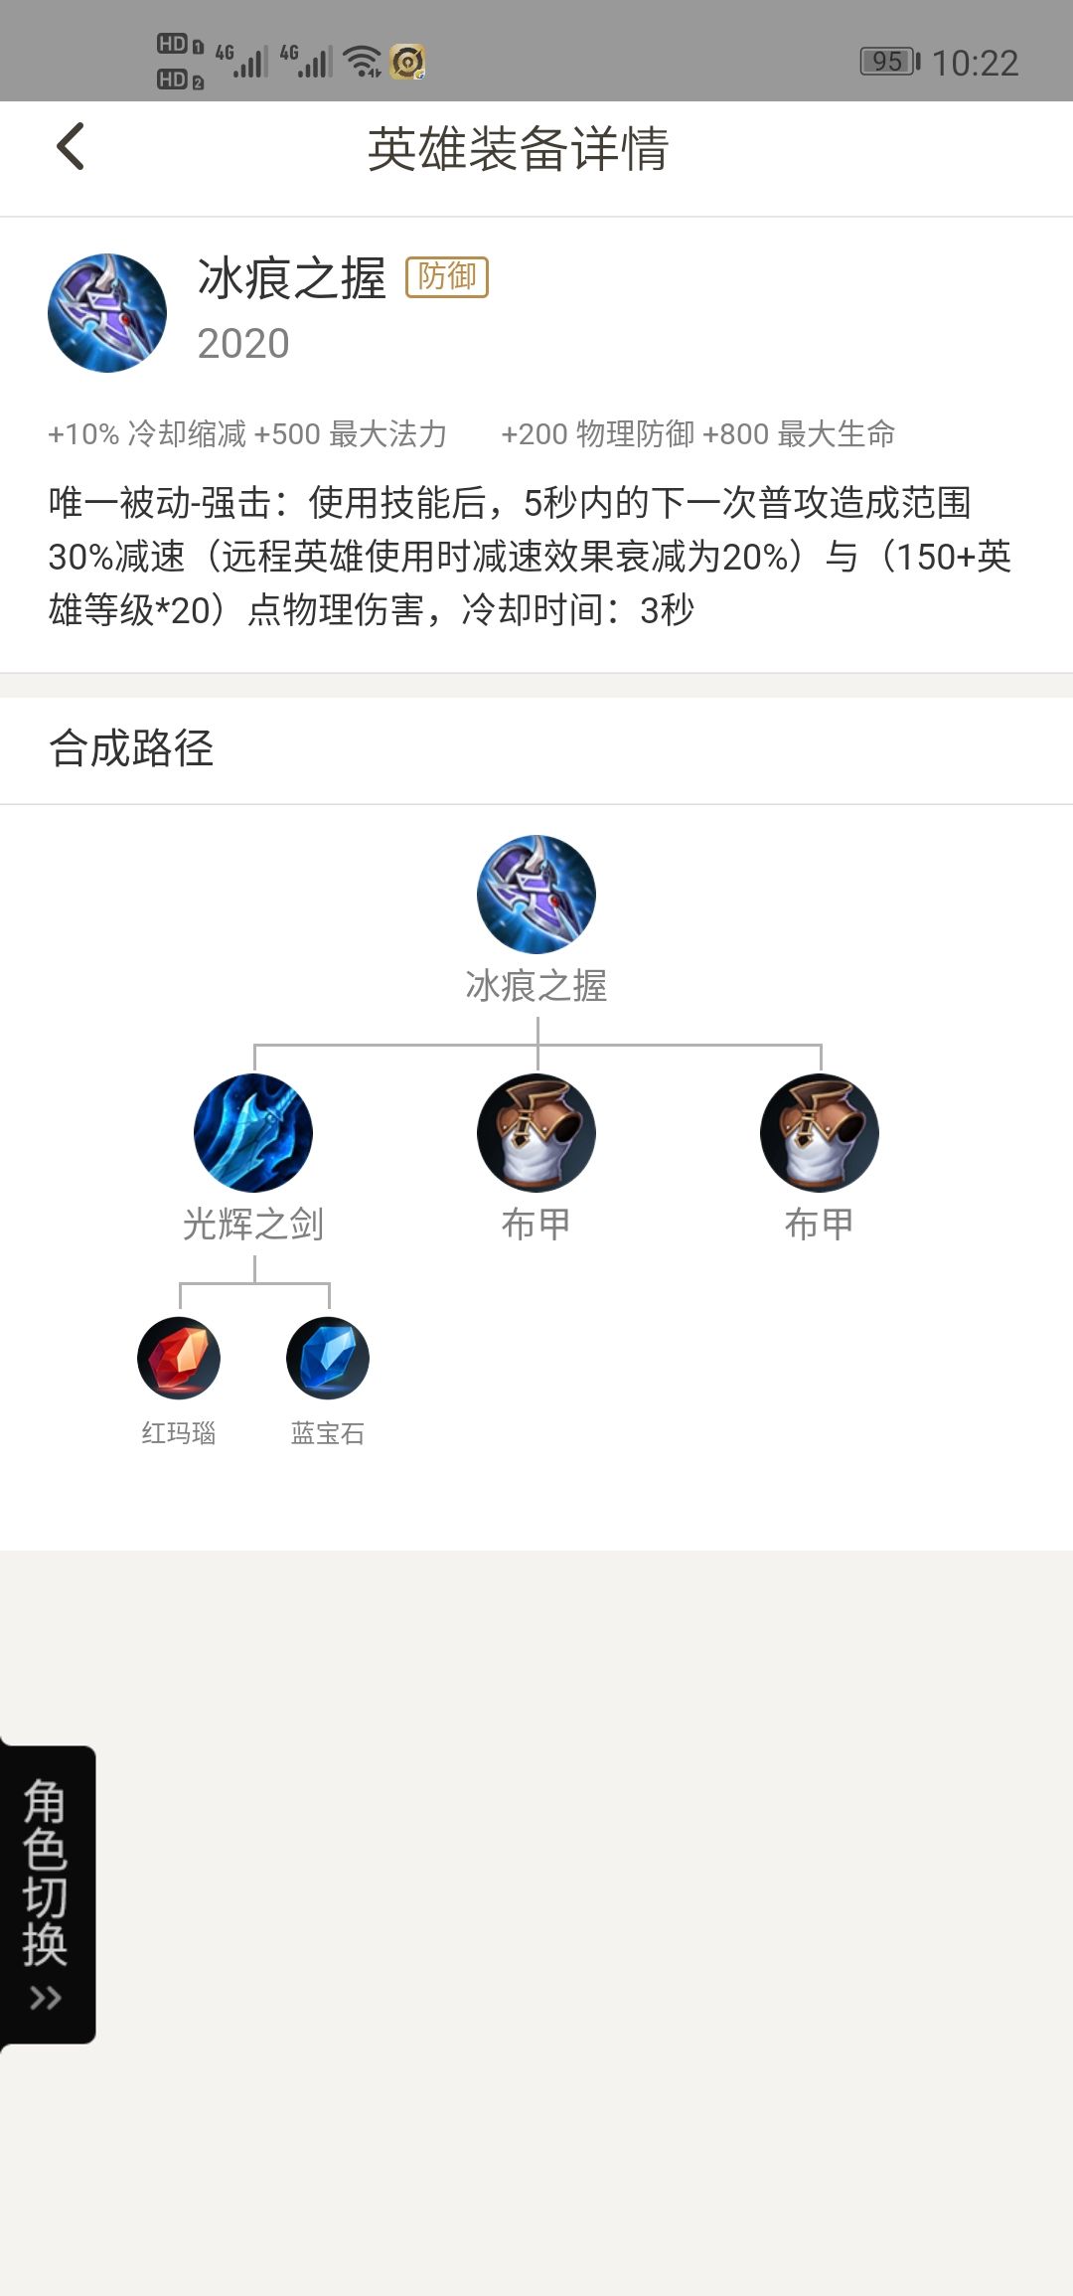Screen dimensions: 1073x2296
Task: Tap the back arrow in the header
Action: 71,147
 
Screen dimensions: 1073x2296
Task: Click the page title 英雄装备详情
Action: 518,149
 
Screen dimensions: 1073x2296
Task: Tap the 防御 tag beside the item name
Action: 447,276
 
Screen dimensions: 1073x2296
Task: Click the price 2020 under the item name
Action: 243,344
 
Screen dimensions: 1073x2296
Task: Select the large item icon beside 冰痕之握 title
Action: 107,313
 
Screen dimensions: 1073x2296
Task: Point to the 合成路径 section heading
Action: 131,748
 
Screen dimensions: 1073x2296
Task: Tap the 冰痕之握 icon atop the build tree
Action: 536,895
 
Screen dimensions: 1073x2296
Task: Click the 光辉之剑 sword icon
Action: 253,1133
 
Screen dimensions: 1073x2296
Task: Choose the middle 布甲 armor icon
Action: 536,1133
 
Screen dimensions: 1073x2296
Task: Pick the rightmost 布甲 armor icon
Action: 820,1133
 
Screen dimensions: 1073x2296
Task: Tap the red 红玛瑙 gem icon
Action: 179,1358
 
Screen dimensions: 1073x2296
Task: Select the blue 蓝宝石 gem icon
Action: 328,1358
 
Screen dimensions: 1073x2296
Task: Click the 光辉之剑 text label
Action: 253,1225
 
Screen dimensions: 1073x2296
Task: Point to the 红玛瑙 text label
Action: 179,1433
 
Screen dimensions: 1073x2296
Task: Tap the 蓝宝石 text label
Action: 328,1433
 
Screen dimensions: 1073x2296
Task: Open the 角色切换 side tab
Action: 47,1894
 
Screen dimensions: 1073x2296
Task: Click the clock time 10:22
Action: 975,64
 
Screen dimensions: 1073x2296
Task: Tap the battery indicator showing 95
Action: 890,62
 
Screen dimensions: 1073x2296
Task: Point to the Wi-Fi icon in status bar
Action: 363,62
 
